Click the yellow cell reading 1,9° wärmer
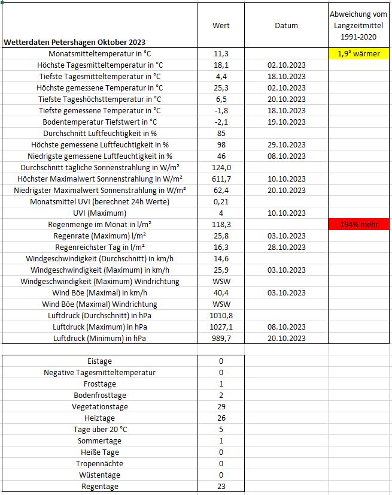[x=358, y=54]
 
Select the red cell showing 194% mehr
[x=358, y=224]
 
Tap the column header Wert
[x=221, y=26]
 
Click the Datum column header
[x=286, y=26]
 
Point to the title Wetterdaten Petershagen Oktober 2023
[x=74, y=43]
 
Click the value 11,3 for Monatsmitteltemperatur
[x=221, y=54]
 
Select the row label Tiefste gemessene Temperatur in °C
[x=99, y=111]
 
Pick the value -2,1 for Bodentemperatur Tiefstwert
[x=221, y=122]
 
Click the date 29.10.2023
[x=286, y=145]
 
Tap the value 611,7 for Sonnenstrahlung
[x=221, y=179]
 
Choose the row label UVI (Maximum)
[x=99, y=213]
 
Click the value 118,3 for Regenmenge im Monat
[x=221, y=224]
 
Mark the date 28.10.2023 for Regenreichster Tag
[x=286, y=247]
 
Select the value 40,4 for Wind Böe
[x=221, y=292]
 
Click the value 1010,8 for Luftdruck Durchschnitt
[x=221, y=315]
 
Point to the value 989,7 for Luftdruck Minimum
[x=221, y=338]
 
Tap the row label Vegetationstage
[x=99, y=407]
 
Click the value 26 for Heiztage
[x=221, y=418]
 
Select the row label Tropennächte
[x=99, y=464]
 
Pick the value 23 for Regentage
[x=221, y=487]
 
